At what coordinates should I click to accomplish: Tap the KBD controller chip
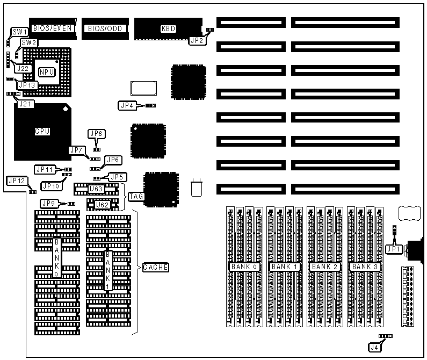coord(168,28)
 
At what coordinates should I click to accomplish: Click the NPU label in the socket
coord(47,71)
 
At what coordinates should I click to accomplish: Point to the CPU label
coord(42,131)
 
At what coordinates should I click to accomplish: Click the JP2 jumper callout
coord(196,39)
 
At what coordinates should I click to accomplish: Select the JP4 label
coord(127,105)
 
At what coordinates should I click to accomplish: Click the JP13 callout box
coord(27,84)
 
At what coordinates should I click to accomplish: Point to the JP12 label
coord(16,181)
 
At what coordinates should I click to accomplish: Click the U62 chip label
coord(102,205)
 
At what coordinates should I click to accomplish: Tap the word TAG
coord(136,197)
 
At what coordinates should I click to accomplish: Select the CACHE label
coord(156,267)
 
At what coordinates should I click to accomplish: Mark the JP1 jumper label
coord(393,249)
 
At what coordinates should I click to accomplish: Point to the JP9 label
coord(48,203)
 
